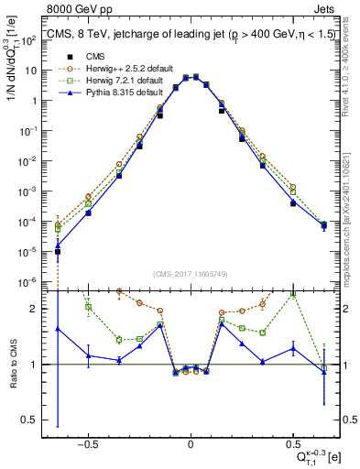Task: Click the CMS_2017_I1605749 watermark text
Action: click(x=190, y=273)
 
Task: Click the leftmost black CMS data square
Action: click(x=58, y=251)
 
